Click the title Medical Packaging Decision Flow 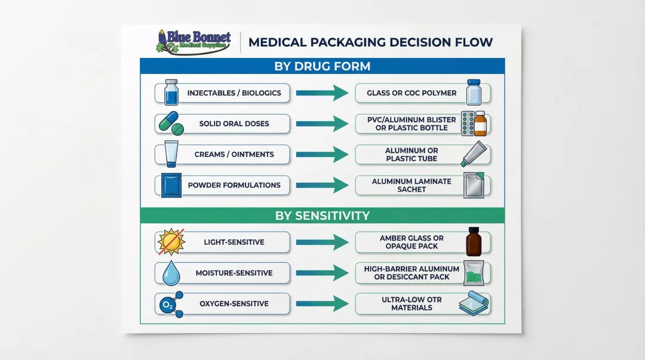(x=370, y=42)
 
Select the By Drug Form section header (x=322, y=66)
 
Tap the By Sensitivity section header (x=322, y=216)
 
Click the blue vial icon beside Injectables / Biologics (x=171, y=93)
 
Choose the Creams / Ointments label (x=234, y=154)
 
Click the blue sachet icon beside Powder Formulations (x=171, y=185)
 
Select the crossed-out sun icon (x=170, y=242)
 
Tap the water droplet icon (x=171, y=273)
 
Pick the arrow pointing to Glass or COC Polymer (x=322, y=93)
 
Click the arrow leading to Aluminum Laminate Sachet (x=322, y=185)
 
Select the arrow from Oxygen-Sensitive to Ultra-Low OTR (x=322, y=304)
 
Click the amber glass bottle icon (x=474, y=242)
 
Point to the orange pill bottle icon (x=480, y=124)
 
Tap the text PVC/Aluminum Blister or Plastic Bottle (x=411, y=124)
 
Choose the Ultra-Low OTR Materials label (x=411, y=304)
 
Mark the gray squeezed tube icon (x=475, y=155)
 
